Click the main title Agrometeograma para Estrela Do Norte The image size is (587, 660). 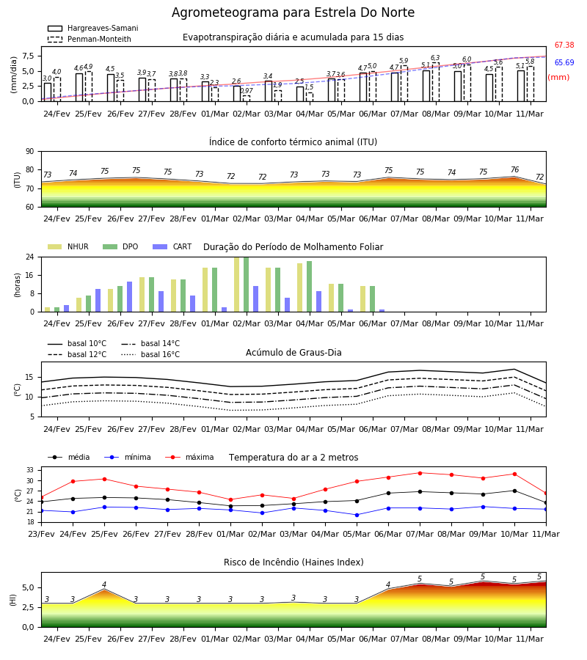click(x=293, y=12)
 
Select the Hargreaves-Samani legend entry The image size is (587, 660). click(x=92, y=28)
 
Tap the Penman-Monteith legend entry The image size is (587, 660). click(x=90, y=39)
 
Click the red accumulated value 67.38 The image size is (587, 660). click(x=564, y=45)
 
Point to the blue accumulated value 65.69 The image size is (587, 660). click(x=564, y=63)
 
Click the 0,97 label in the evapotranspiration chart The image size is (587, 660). click(x=247, y=91)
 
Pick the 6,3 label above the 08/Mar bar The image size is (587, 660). click(x=435, y=58)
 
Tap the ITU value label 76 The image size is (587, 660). click(x=514, y=169)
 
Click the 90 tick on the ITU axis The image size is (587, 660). click(x=30, y=152)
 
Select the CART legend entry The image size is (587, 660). click(x=172, y=246)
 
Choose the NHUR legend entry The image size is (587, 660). click(x=68, y=246)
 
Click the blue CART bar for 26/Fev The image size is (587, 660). click(x=130, y=297)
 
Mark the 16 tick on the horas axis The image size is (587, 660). click(x=30, y=275)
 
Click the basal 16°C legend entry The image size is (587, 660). click(x=150, y=354)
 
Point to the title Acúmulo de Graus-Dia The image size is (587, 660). click(x=293, y=353)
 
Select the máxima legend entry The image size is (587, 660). click(x=189, y=457)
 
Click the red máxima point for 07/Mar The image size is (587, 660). click(x=420, y=473)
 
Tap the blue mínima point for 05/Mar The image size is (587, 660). click(x=357, y=516)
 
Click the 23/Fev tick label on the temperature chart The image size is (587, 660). click(x=41, y=534)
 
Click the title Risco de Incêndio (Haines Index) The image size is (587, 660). click(x=293, y=562)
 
